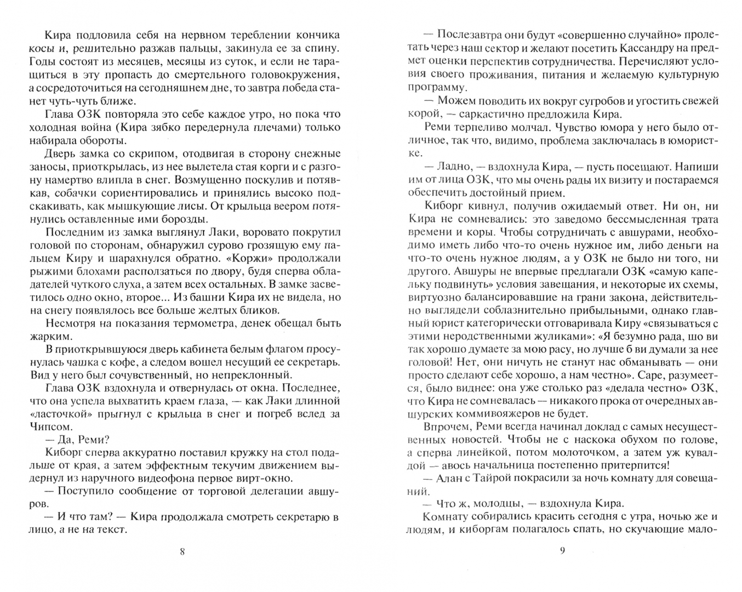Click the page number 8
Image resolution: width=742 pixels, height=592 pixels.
pyautogui.click(x=182, y=552)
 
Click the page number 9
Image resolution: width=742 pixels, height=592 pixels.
pyautogui.click(x=562, y=551)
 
